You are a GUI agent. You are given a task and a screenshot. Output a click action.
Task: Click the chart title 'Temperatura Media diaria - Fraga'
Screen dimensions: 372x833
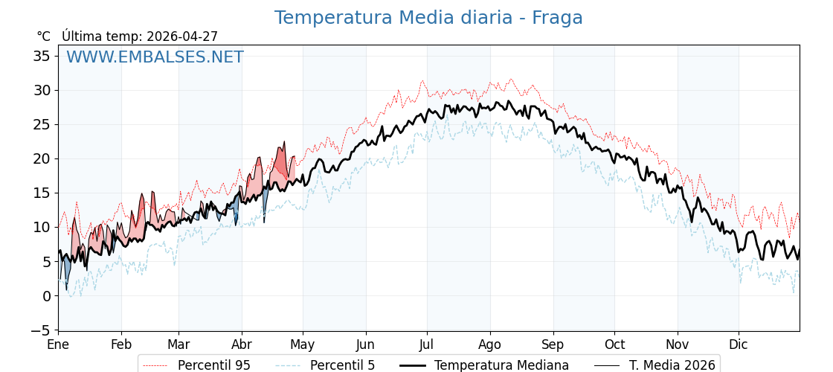[428, 18]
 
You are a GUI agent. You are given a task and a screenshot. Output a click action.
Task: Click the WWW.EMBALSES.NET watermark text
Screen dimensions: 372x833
[155, 57]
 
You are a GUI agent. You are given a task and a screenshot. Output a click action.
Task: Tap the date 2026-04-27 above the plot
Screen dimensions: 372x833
[182, 36]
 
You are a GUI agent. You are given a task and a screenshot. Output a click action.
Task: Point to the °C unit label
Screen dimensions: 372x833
[43, 36]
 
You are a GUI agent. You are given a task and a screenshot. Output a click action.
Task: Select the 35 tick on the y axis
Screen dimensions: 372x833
[42, 57]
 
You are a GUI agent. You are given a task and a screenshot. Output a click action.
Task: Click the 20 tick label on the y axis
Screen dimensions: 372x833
[42, 158]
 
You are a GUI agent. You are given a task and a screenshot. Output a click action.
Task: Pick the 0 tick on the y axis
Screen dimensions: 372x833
[46, 295]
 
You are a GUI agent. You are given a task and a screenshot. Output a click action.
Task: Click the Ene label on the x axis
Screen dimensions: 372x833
[58, 344]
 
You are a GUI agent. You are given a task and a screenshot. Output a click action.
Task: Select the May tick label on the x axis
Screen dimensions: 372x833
[303, 344]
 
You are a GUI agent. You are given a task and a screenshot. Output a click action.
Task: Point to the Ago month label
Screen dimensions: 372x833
[490, 344]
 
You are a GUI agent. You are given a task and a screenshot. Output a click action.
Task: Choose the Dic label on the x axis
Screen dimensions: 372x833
[739, 344]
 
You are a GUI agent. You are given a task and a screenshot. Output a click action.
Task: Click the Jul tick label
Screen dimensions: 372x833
[427, 344]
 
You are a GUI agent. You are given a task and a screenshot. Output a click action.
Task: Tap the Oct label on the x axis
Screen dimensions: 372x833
[614, 344]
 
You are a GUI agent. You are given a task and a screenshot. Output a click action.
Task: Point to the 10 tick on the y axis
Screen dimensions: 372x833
[42, 227]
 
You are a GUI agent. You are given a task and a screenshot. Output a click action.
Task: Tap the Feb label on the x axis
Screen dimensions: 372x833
[121, 344]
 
